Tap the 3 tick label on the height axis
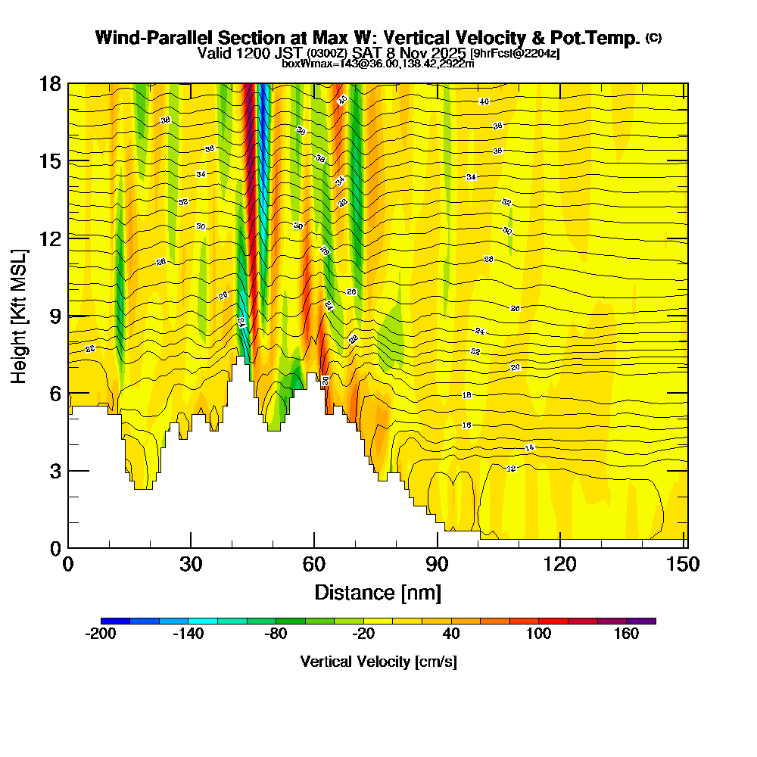coord(54,471)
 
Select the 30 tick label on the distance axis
coord(191,565)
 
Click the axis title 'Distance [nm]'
coord(378,591)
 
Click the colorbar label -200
coord(101,634)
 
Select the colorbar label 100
coord(539,634)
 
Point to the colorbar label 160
coord(626,634)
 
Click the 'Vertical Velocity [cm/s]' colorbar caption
coord(378,662)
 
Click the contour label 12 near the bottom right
coord(511,469)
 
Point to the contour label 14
coord(529,448)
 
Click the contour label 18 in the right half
coord(466,395)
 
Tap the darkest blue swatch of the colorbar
coord(115,621)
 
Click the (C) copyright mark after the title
coord(653,38)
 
